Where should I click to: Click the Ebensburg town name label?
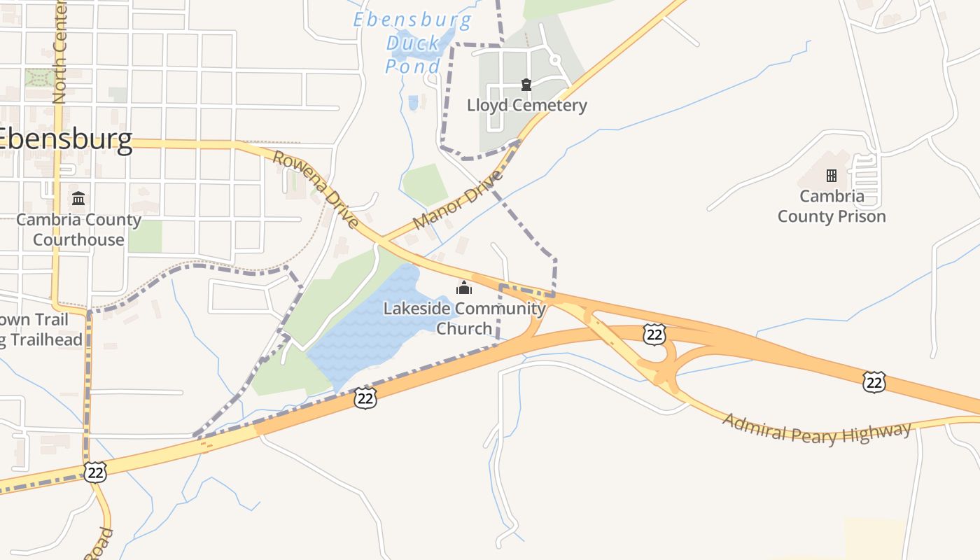point(65,140)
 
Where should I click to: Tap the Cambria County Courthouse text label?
point(78,230)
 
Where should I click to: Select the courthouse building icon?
point(78,199)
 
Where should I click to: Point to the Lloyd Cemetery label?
point(526,106)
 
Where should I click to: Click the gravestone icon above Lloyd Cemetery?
point(526,85)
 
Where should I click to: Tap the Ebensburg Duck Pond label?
point(413,43)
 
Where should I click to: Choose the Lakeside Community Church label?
point(464,318)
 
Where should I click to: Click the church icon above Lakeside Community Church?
point(464,288)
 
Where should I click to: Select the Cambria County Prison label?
point(832,206)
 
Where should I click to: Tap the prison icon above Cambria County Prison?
point(832,175)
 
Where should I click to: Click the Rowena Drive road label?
point(316,190)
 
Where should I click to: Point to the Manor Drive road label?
point(458,199)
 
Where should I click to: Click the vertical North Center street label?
point(59,52)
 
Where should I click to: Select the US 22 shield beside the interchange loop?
point(654,335)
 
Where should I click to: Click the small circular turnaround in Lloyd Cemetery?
point(556,60)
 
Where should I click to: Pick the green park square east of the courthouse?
point(146,237)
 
